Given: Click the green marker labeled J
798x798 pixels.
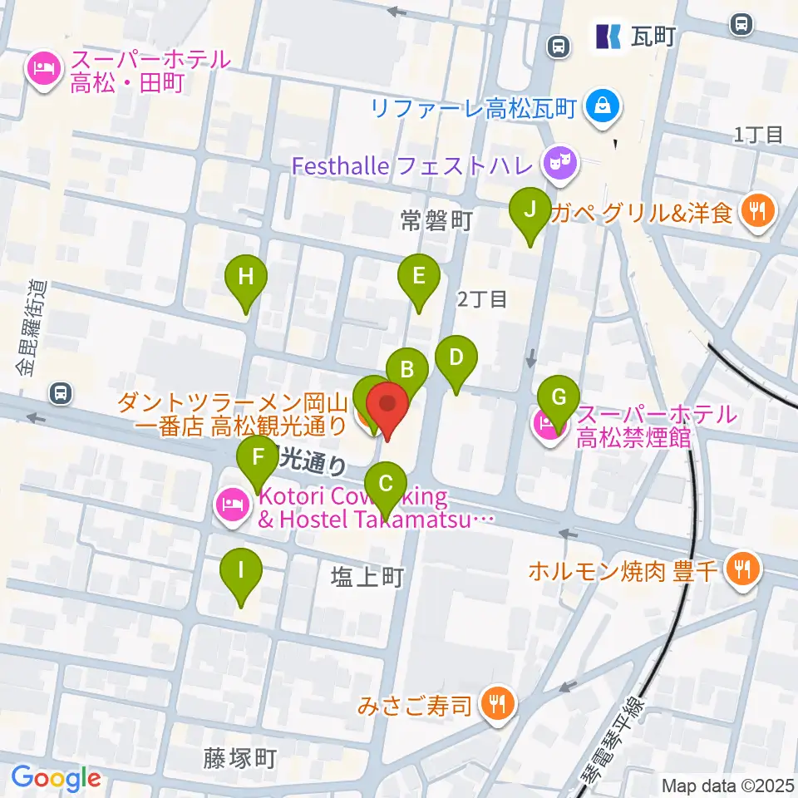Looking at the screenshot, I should click(529, 209).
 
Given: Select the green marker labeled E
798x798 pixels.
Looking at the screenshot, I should click(418, 276).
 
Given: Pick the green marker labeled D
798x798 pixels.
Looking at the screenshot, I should click(456, 358).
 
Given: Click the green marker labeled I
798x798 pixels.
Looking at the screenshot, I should click(241, 571).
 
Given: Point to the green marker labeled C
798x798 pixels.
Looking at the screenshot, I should click(386, 484).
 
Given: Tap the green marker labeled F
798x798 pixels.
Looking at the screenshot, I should click(259, 457).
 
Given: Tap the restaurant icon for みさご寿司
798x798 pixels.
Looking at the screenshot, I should click(497, 706).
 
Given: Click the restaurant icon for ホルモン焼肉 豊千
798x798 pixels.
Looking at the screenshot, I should click(738, 569).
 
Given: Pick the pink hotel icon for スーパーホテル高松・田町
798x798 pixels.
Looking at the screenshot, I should click(42, 69).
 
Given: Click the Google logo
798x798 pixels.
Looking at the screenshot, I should click(56, 779).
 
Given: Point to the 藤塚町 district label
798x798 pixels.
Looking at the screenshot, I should click(239, 758).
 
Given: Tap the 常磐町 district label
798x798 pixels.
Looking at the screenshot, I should click(436, 220).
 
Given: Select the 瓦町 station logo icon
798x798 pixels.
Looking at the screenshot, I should click(608, 36).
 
